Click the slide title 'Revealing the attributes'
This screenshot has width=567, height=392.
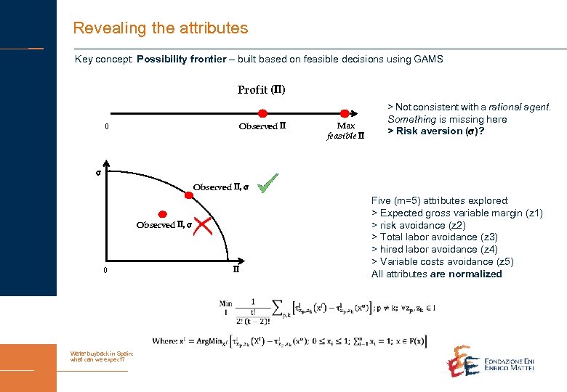coord(160,28)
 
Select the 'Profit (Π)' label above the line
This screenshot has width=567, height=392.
coord(261,90)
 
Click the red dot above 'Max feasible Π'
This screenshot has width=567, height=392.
coord(345,113)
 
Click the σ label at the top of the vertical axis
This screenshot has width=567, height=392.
coord(98,173)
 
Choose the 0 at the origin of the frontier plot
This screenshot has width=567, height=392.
coord(106,271)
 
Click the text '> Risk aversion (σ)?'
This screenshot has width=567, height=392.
coord(435,131)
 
